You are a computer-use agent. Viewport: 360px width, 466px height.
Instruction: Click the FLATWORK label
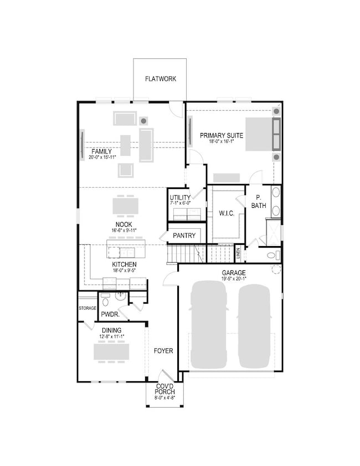pyautogui.click(x=161, y=79)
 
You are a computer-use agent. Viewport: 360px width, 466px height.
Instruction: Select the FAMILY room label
pyautogui.click(x=102, y=151)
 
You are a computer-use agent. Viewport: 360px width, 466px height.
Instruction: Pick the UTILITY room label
pyautogui.click(x=180, y=197)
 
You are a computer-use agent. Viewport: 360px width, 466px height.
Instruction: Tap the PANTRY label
pyautogui.click(x=184, y=235)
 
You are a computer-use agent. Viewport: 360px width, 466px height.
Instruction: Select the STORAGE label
pyautogui.click(x=88, y=308)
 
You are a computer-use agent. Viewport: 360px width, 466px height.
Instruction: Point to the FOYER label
pyautogui.click(x=164, y=351)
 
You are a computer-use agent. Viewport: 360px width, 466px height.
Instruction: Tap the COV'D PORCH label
pyautogui.click(x=164, y=390)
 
